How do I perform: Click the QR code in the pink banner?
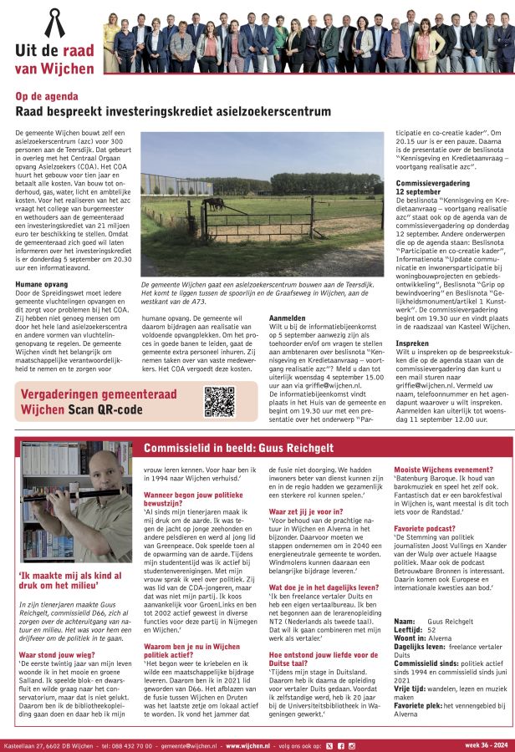click(220, 401)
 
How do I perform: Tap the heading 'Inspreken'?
click(412, 343)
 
